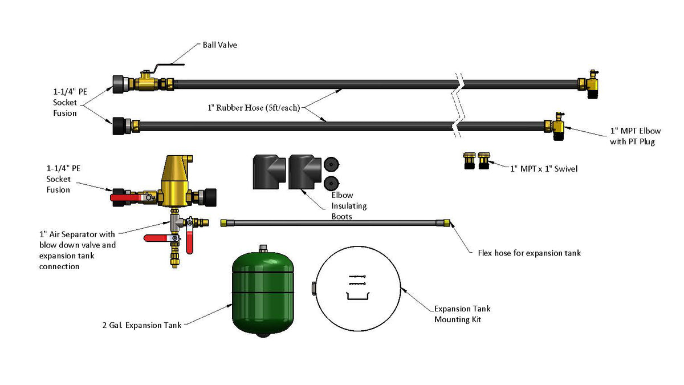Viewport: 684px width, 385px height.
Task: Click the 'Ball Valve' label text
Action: click(x=219, y=45)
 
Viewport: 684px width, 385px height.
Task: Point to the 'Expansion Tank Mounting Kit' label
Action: click(x=462, y=314)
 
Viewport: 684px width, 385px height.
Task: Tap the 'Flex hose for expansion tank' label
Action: click(x=529, y=253)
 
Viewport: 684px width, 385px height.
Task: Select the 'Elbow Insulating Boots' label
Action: click(x=349, y=206)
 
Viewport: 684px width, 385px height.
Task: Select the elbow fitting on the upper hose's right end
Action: click(x=591, y=84)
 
